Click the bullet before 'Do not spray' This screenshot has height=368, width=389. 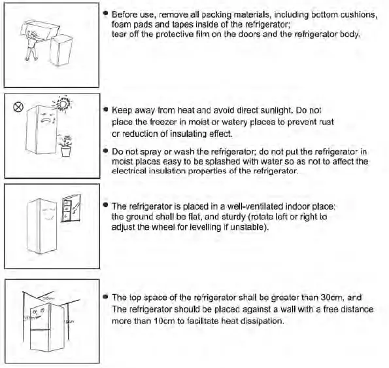pyautogui.click(x=105, y=151)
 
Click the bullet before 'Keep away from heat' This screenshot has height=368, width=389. pyautogui.click(x=105, y=112)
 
